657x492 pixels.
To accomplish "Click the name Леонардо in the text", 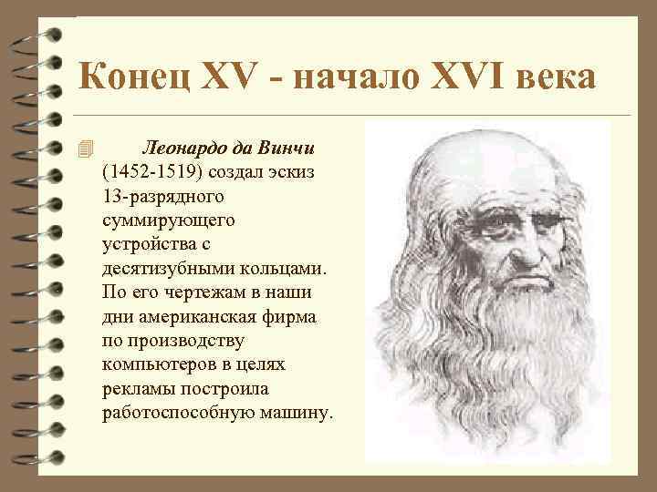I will point(186,148).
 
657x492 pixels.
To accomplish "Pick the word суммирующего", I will point(169,220).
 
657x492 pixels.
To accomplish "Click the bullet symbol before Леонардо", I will point(85,149).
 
